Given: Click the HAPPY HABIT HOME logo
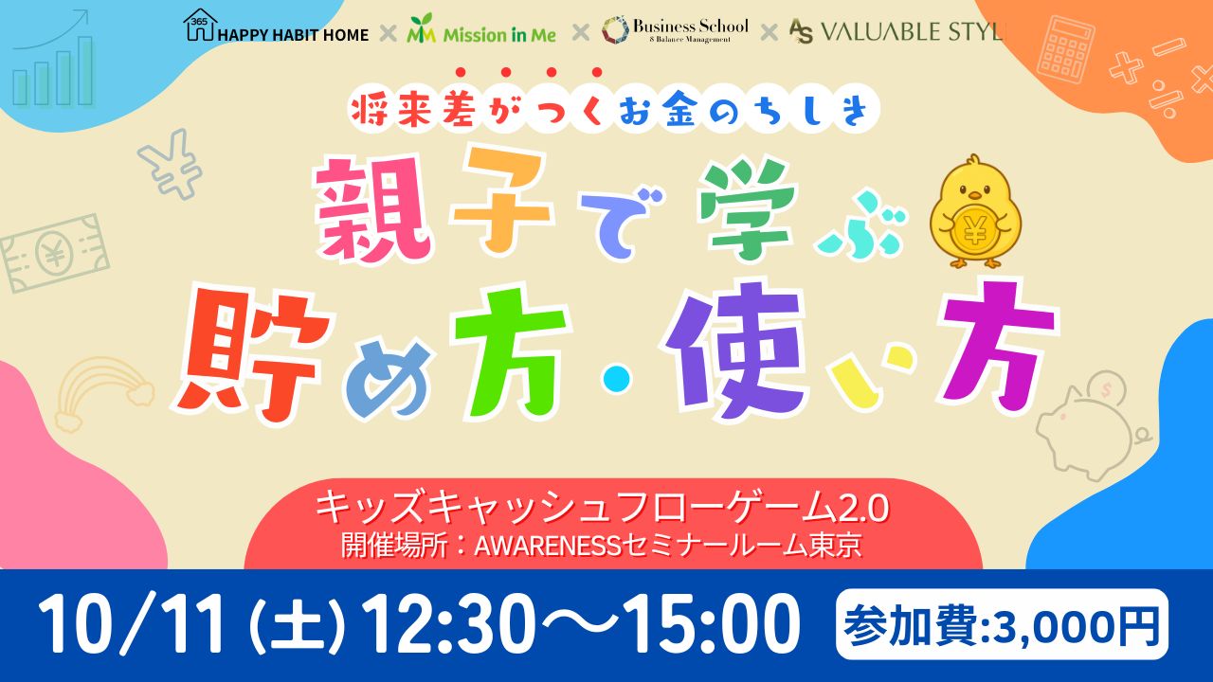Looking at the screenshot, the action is click(276, 27).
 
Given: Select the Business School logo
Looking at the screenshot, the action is click(675, 29).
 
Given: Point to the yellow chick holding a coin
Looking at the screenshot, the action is click(975, 213).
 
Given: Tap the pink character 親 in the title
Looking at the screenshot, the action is click(373, 207).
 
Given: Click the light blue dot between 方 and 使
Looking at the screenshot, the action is click(617, 379).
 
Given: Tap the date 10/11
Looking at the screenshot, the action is click(131, 624).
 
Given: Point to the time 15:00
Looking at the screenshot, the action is click(711, 624).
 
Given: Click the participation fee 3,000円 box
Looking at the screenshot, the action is click(1002, 624).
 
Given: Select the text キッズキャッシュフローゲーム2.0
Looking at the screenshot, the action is click(602, 510).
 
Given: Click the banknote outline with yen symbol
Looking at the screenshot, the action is click(54, 253).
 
